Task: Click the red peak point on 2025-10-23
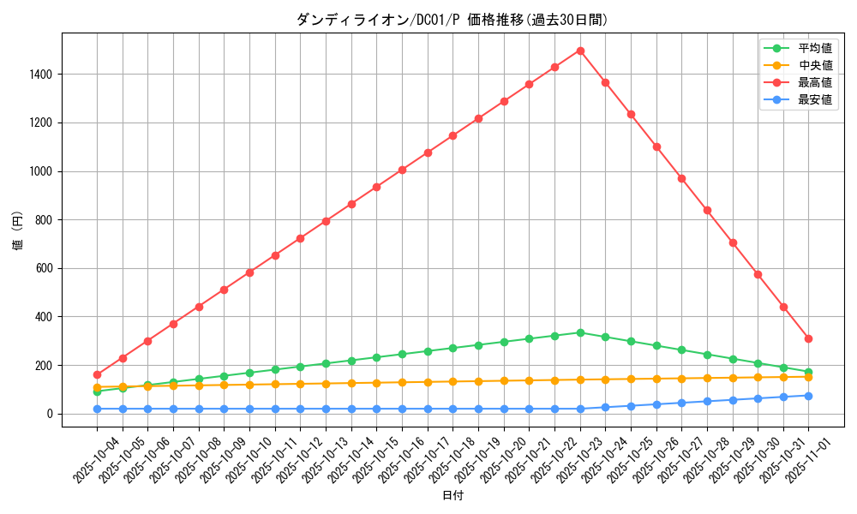click(x=580, y=51)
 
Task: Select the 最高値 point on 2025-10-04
click(x=97, y=374)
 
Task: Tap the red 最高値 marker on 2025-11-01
click(x=808, y=338)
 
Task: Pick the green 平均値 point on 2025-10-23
click(x=580, y=332)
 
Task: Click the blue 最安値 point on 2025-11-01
click(x=808, y=396)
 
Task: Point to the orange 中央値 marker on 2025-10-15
click(x=376, y=383)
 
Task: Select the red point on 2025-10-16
click(x=402, y=170)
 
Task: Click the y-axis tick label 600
click(x=45, y=268)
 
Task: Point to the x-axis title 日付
click(x=452, y=496)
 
